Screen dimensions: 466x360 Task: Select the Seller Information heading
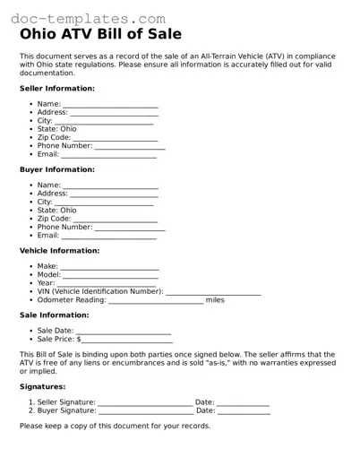pos(57,89)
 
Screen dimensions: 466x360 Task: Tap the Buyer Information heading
pos(57,169)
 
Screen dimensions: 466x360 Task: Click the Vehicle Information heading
pos(59,251)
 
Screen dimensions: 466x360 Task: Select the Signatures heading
pos(43,386)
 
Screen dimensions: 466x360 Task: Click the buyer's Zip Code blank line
pos(115,220)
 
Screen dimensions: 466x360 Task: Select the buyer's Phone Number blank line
pos(130,229)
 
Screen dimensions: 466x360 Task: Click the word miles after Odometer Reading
pos(215,300)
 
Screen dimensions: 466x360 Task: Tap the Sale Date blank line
pos(124,332)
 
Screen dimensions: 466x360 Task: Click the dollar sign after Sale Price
pos(79,340)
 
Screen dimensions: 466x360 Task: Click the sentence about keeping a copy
pos(115,426)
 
